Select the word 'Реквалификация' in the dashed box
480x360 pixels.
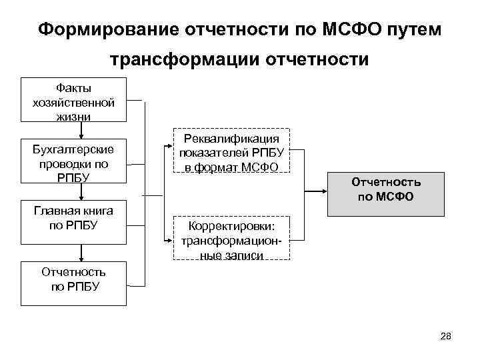tap(231, 138)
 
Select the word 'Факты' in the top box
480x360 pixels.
tap(73, 89)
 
